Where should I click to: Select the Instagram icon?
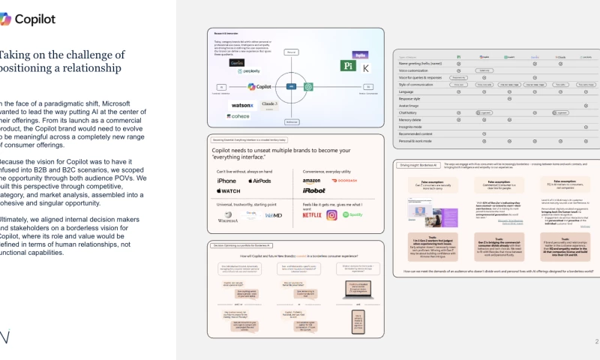tap(331, 215)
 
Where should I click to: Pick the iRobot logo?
tap(313, 190)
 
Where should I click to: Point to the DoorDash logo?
tap(344, 181)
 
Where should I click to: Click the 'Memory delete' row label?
tap(413, 119)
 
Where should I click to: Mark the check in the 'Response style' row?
tap(509, 98)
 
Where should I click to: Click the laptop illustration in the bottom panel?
tap(358, 291)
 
